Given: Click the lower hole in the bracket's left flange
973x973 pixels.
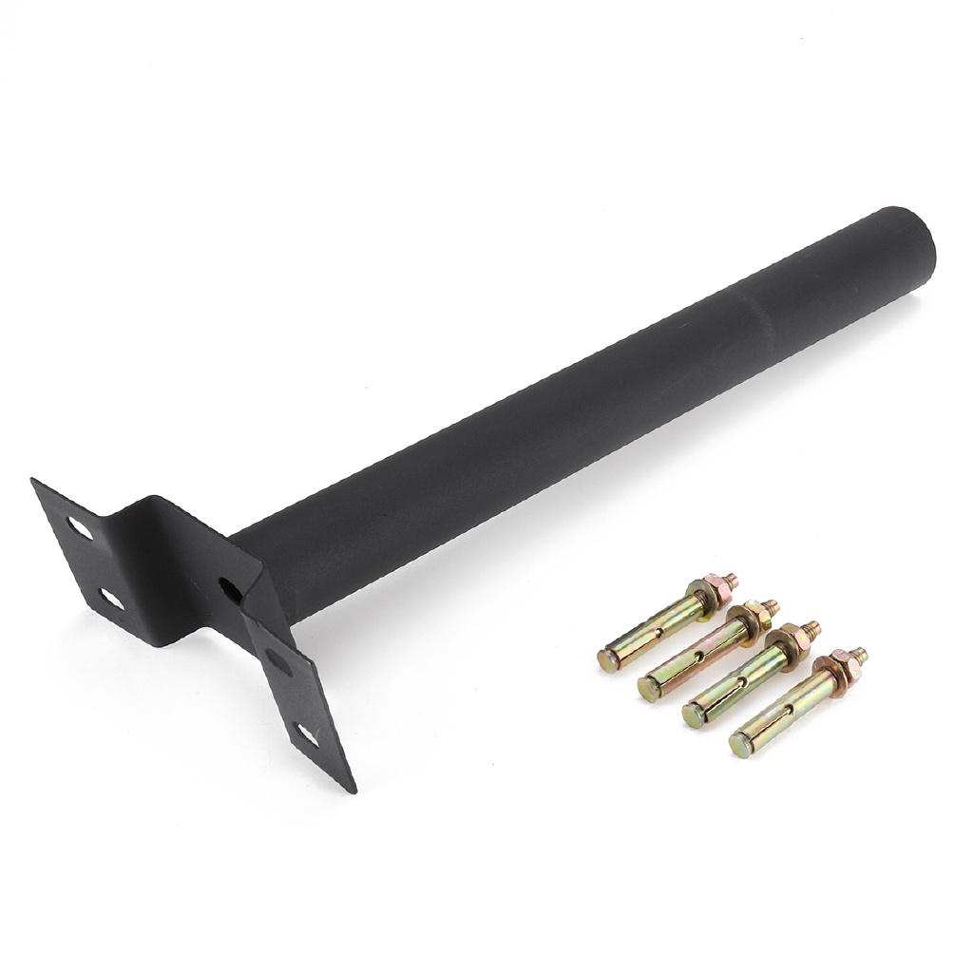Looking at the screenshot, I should [x=111, y=599].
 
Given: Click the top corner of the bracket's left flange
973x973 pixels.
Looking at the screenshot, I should [x=35, y=482].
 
